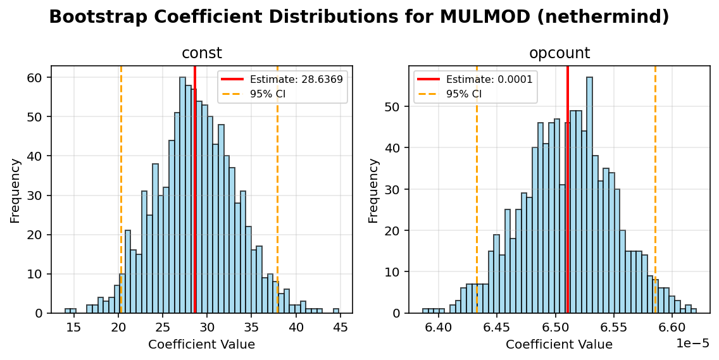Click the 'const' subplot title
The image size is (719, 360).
201,54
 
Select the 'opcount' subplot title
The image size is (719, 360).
560,54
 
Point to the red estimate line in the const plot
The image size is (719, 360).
195,190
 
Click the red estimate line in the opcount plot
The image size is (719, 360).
568,190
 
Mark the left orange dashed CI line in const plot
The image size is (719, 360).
121,190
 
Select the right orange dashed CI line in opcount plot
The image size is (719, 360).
655,190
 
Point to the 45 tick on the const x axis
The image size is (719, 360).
341,327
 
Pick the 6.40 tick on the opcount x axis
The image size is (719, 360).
439,327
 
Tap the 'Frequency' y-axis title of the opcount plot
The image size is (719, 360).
373,190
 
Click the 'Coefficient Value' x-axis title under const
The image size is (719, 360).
201,345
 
